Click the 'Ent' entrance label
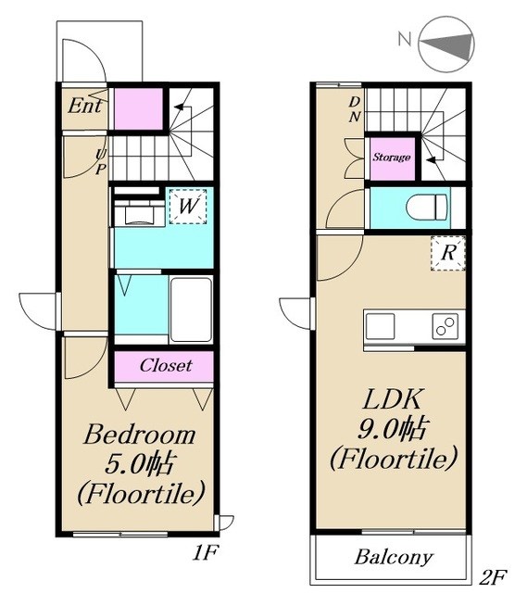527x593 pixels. (85, 106)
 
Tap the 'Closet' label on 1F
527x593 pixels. (166, 365)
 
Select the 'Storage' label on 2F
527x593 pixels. (392, 157)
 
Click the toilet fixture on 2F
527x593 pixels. (427, 208)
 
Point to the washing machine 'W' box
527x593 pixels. (188, 206)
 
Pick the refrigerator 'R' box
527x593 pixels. (448, 253)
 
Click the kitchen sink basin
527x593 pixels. (380, 326)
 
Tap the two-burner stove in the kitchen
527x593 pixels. (445, 326)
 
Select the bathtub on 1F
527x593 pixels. (191, 309)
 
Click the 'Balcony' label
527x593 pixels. (394, 558)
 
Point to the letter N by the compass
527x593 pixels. (405, 39)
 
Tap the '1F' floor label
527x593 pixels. (206, 554)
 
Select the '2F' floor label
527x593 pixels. (493, 577)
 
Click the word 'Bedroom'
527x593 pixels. (140, 435)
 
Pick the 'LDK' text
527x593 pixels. (392, 399)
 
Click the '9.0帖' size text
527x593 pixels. (392, 429)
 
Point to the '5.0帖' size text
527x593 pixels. (140, 464)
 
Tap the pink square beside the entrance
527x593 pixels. (138, 109)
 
